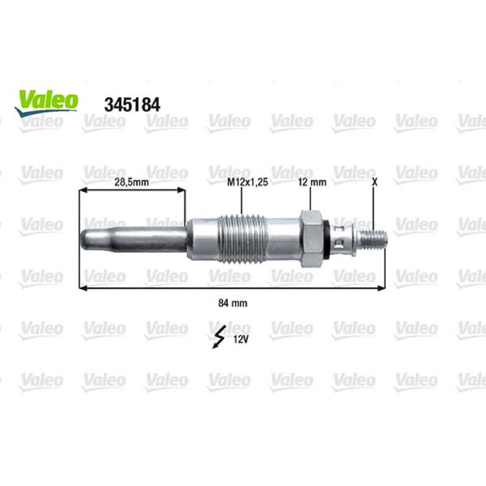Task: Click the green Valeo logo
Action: [x=47, y=103]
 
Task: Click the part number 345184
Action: [x=132, y=104]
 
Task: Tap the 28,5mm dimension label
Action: [x=132, y=182]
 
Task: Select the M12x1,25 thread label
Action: [x=247, y=182]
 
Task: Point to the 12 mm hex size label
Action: [x=312, y=182]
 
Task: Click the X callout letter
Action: [x=374, y=182]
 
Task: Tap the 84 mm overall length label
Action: [x=233, y=303]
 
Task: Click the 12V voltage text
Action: [x=241, y=340]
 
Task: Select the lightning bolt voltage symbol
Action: [x=219, y=338]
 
